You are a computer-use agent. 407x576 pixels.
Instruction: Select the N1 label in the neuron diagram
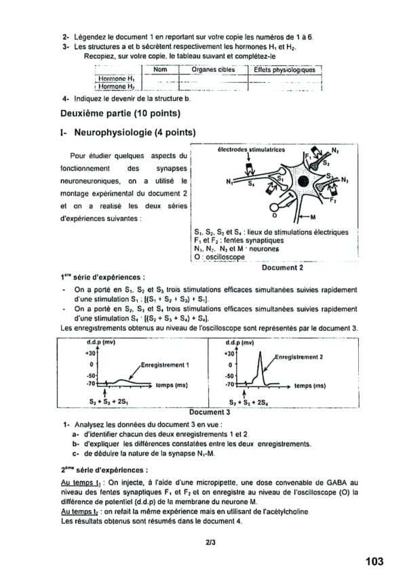tap(229, 182)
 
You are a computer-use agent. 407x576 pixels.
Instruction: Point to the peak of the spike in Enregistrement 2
tap(259, 352)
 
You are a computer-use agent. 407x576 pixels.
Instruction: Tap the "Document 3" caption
tap(210, 411)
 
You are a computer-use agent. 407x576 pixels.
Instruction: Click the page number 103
tap(373, 561)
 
